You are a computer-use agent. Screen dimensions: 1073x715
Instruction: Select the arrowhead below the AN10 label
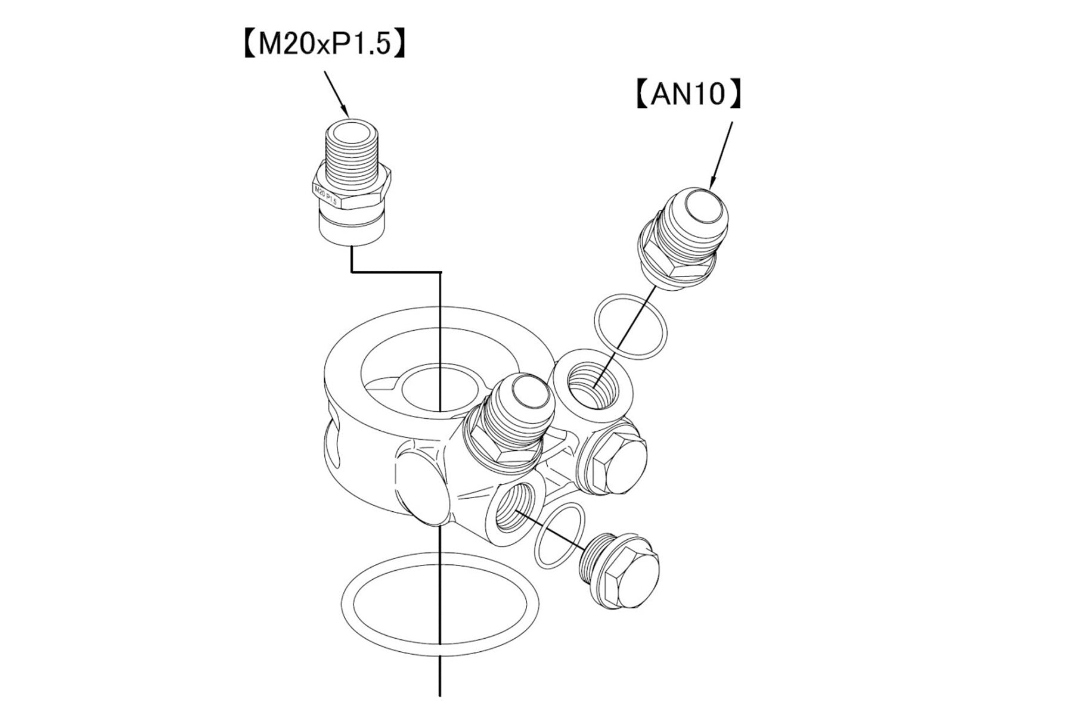712,182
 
